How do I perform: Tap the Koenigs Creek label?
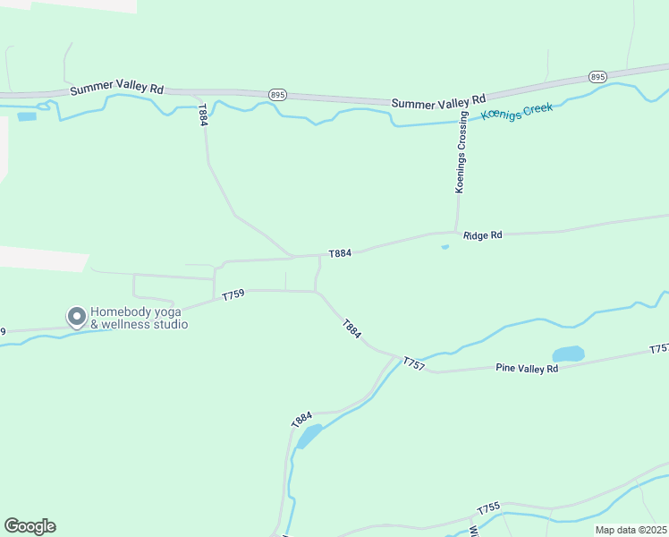517,112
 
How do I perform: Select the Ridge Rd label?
483,234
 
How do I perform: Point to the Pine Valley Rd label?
527,368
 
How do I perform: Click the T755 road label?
488,508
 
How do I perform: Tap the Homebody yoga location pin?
77,316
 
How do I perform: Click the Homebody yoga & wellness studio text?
139,319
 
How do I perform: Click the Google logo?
30,526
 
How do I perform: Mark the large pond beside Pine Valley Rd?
568,354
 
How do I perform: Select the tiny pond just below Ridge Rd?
445,247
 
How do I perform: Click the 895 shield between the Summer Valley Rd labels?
277,94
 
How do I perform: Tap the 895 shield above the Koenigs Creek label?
598,77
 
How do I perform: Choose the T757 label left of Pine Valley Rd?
413,362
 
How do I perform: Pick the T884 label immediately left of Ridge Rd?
339,253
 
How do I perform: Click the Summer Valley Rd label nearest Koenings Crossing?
438,101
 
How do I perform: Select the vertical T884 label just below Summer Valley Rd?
203,115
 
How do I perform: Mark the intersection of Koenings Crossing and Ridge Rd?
457,231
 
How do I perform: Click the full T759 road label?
233,294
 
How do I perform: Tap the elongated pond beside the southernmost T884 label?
309,436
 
